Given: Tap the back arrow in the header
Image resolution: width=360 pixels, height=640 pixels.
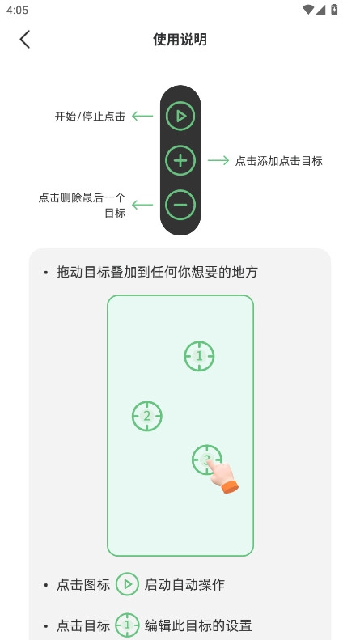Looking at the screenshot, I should coord(25,39).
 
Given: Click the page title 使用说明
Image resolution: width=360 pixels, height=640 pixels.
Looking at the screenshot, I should coord(180,39).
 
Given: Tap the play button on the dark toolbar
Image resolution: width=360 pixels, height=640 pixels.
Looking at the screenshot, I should coord(180,117).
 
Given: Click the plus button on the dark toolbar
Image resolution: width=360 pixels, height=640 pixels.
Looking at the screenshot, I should coord(180,160).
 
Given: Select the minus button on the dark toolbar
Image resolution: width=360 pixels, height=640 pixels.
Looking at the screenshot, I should coord(180,205).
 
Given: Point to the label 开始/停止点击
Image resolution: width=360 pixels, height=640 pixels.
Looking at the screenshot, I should coord(90,117).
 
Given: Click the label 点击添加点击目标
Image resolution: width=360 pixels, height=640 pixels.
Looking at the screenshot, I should coord(279,161).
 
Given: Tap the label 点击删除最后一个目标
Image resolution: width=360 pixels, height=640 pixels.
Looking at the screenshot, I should coord(83,205).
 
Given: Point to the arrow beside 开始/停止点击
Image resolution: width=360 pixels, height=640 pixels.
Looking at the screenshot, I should coord(142,117).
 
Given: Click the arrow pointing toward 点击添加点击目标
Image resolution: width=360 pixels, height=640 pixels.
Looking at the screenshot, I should coord(218,160).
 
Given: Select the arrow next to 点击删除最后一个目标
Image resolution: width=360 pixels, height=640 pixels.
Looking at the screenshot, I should coord(142,205).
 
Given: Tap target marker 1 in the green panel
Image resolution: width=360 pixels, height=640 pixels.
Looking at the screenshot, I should coord(199,356).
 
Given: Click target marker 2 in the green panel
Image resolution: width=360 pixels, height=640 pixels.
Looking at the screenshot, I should coord(147,416).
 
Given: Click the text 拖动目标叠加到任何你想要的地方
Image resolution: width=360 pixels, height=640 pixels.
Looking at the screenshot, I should coord(157,273).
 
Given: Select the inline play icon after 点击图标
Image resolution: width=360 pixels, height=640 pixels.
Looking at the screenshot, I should coord(127,584).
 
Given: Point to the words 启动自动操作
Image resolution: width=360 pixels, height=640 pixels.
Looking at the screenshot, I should coord(184,584).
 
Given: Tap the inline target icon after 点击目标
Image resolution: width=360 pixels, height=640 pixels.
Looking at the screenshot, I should coord(127,625).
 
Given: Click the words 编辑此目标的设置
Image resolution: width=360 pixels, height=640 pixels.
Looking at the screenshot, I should coord(198,625).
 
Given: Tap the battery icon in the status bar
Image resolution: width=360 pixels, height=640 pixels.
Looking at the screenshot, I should coord(335,10).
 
